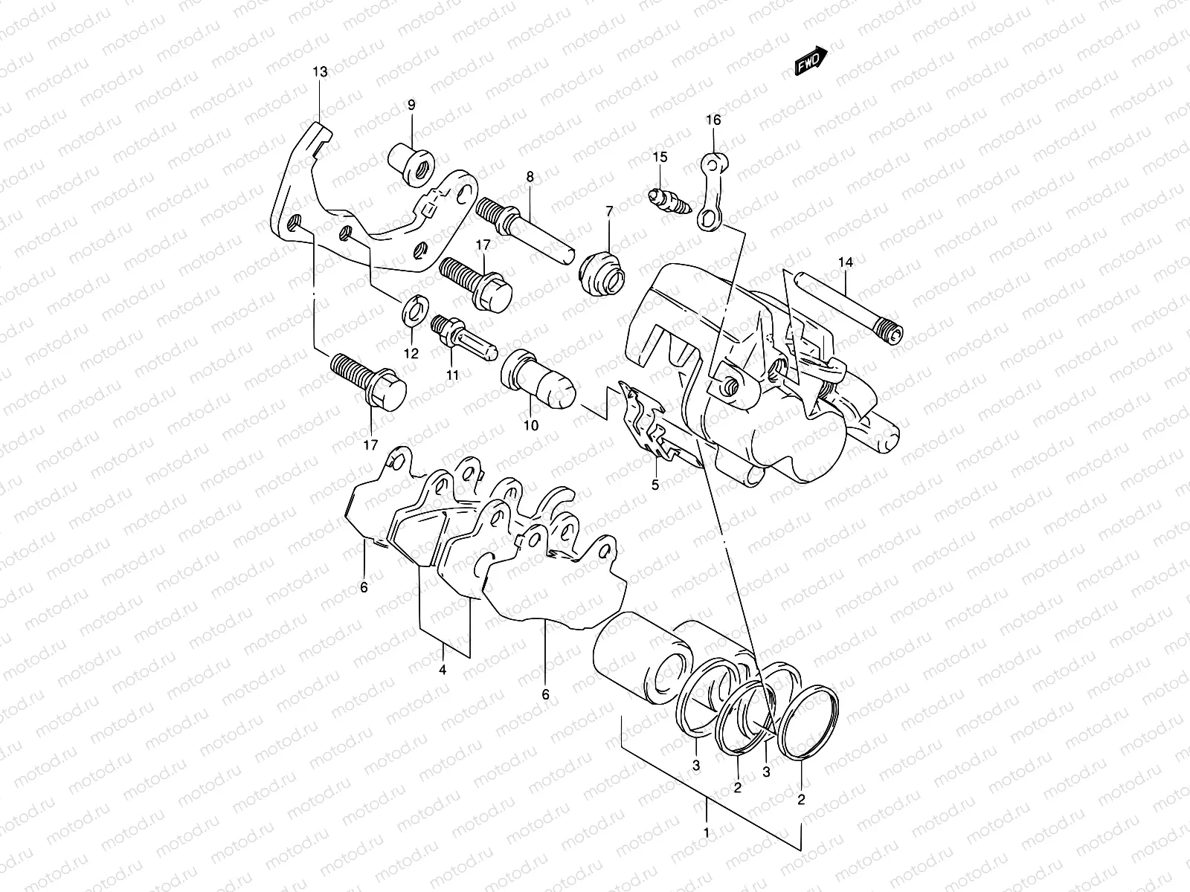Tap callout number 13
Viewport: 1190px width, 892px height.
319,72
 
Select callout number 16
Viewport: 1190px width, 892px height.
713,120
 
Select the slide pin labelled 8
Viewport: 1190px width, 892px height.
525,223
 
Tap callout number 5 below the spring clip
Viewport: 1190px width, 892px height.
655,485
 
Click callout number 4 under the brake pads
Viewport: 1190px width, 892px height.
443,670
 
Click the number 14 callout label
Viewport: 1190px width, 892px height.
845,262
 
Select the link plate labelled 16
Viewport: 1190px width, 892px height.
710,190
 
